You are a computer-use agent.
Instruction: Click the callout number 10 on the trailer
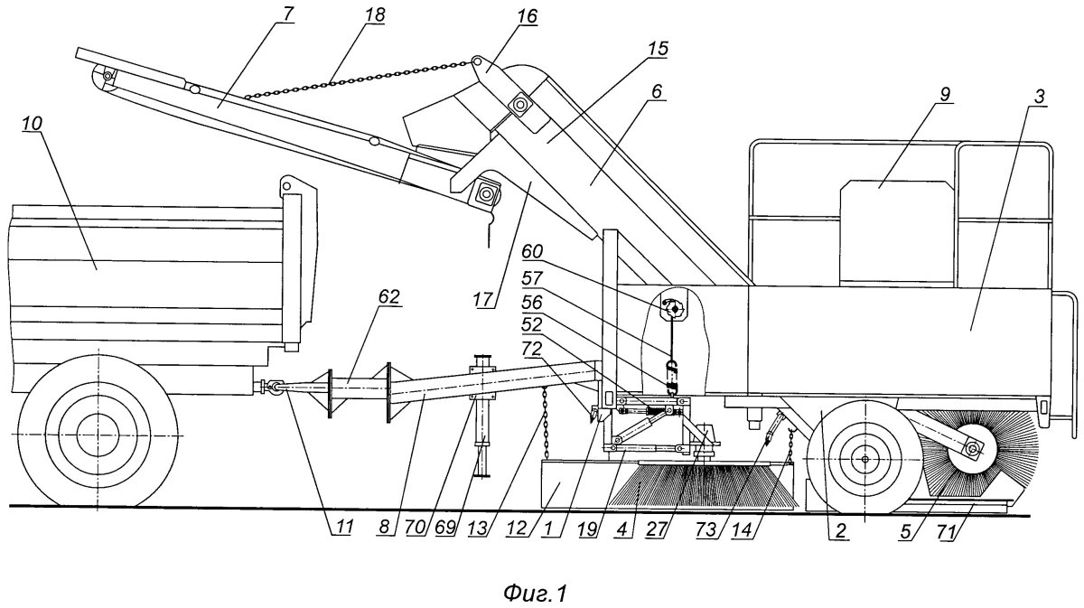tap(32, 124)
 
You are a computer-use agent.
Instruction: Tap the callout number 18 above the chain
tap(375, 15)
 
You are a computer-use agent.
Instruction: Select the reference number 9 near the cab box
tap(946, 95)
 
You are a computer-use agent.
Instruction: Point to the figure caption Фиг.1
tap(535, 593)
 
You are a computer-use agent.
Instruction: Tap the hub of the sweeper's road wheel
tap(865, 458)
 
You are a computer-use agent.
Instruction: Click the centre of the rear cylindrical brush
tap(971, 449)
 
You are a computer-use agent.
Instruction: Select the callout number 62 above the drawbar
tap(390, 297)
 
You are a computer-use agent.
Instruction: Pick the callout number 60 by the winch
tap(532, 252)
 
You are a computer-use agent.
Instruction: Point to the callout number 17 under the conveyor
tap(483, 300)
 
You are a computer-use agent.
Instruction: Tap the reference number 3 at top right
tap(1039, 97)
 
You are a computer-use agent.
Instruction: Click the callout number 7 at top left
tap(287, 14)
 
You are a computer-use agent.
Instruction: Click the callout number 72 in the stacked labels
tap(532, 349)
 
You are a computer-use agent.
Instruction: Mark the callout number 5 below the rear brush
tap(905, 531)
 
